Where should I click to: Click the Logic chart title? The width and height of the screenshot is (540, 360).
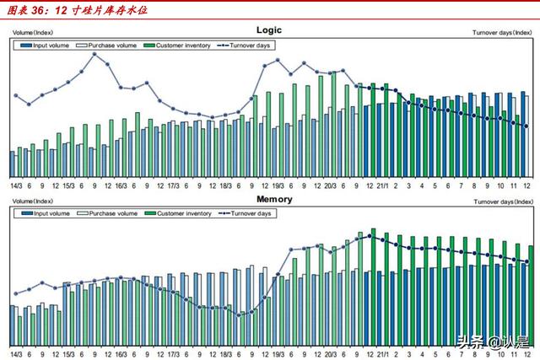click(x=269, y=30)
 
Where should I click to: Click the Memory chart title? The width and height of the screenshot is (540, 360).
click(x=274, y=200)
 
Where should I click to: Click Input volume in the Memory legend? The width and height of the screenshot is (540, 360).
click(x=46, y=214)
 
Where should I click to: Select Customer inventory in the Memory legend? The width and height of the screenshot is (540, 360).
click(x=178, y=214)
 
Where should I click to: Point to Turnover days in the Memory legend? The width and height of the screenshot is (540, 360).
click(x=246, y=214)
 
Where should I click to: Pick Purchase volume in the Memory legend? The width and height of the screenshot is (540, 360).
click(x=107, y=214)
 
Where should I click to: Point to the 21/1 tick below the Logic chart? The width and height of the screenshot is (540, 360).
click(x=382, y=185)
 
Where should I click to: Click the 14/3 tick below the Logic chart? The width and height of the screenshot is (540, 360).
click(x=16, y=185)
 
